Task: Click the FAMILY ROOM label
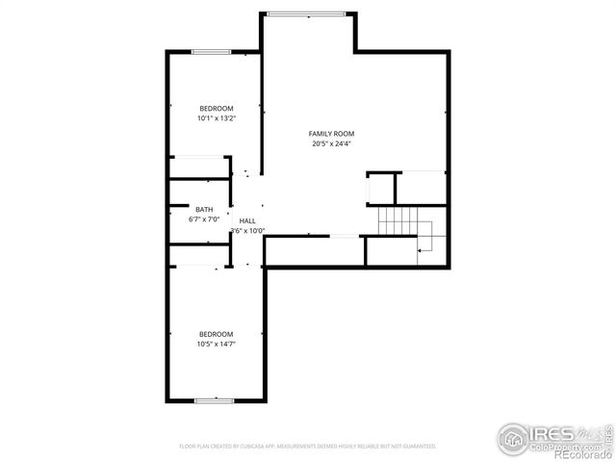[x=331, y=133]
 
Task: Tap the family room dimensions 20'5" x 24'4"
[x=331, y=143]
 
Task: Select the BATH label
[x=204, y=209]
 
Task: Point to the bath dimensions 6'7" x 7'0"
[x=204, y=219]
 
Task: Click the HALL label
[x=247, y=220]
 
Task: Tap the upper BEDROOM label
[x=216, y=108]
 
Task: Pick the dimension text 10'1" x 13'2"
[x=216, y=118]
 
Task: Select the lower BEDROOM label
[x=216, y=334]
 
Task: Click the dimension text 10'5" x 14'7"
[x=216, y=345]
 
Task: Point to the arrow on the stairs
[x=422, y=249]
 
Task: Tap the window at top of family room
[x=306, y=13]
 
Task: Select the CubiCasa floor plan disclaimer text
[x=308, y=447]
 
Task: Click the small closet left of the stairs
[x=383, y=189]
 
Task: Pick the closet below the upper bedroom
[x=198, y=167]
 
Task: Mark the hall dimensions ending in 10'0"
[x=247, y=231]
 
